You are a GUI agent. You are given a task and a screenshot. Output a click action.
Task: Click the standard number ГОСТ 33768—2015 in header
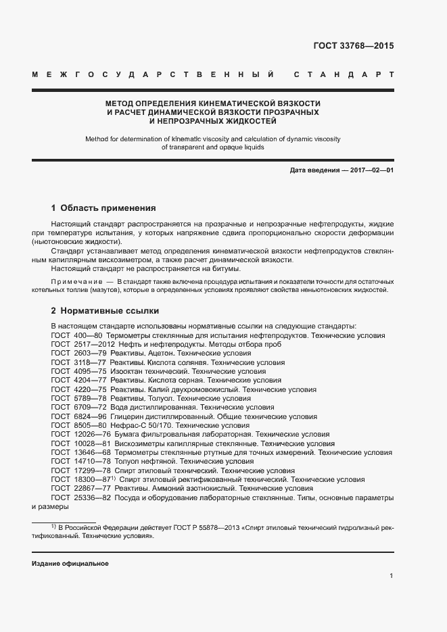(x=354, y=47)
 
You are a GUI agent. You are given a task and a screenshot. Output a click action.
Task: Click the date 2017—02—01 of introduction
(x=371, y=170)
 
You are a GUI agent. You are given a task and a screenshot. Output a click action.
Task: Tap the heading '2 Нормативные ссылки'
(x=105, y=311)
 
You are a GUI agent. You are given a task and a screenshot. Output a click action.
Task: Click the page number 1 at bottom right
(x=392, y=575)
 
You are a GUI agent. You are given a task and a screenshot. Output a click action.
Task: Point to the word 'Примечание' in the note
(x=75, y=281)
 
